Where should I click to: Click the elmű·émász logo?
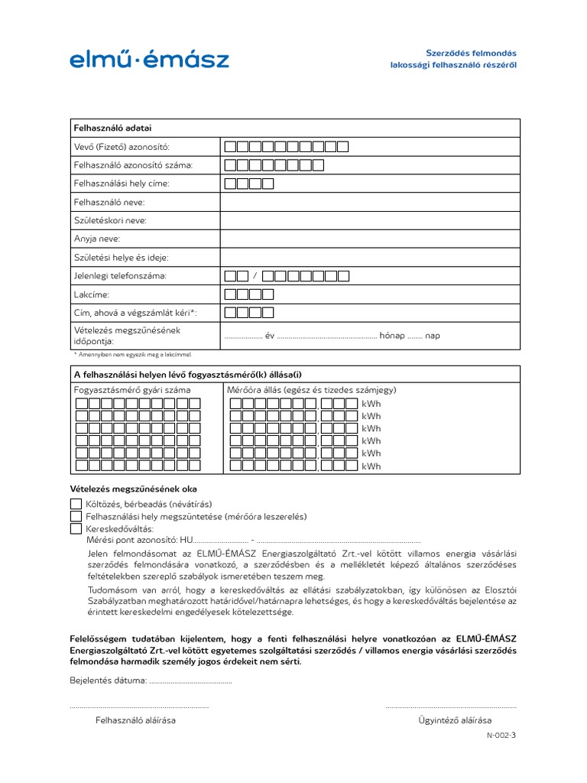coord(149,59)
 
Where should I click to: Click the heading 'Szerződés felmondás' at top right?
coord(471,53)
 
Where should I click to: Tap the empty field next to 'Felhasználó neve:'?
coord(370,202)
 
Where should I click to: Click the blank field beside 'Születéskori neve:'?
coord(370,220)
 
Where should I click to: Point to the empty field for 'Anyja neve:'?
coord(370,239)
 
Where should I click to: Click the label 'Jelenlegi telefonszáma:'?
coord(119,275)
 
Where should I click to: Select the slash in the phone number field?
coord(255,276)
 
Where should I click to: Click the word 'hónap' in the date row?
coord(391,335)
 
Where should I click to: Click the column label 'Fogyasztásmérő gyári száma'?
coord(132,390)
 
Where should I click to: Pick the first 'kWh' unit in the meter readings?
coord(371,404)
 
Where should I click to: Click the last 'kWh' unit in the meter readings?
coord(371,466)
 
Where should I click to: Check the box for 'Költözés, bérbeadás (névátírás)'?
coord(76,504)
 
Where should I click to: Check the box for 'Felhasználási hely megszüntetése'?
coord(76,516)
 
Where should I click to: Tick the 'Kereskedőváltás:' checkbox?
coord(76,528)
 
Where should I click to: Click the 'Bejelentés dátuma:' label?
coord(108,680)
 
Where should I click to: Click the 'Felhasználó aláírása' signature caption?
coord(135,720)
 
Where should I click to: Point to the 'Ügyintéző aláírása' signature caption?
coord(455,720)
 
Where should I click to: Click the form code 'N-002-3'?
coord(501,736)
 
